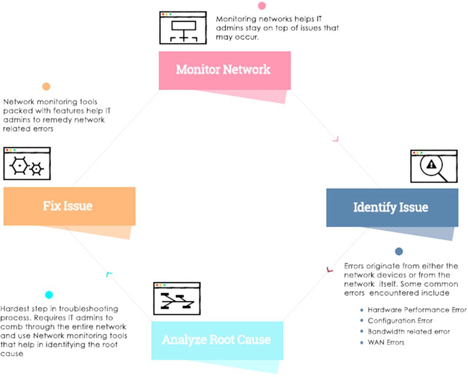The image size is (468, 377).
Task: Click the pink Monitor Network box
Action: coord(224,70)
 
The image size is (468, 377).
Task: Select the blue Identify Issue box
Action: coord(392,207)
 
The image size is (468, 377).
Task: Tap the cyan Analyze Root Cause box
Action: coord(217,340)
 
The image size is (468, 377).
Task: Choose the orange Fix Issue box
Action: coord(69,206)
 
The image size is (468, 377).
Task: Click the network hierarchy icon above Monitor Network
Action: coord(183,28)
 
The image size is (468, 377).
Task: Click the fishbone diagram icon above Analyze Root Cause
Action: coord(176,298)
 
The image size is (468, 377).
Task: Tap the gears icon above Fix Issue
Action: coord(27,164)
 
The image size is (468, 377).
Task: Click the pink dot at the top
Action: coord(262,6)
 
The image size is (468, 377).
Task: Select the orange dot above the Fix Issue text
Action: coord(46,86)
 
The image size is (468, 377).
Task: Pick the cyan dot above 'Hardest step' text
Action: coord(49,295)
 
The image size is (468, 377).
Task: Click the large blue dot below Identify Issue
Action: coord(399,251)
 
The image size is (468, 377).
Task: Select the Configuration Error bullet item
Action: coord(400,321)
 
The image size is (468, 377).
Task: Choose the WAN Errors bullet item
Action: coord(386,342)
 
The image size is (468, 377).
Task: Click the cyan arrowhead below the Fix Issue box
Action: coord(109,274)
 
